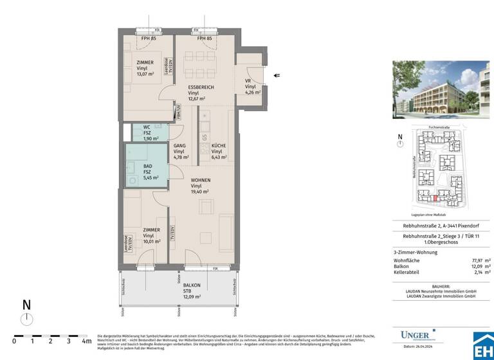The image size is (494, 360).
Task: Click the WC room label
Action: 147,127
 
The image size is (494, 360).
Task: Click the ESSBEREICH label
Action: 201,87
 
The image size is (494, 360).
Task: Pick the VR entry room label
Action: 248,80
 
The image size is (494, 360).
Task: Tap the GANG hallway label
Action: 179,146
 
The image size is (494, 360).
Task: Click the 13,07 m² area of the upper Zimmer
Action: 145,74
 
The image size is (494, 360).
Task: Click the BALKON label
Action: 191,285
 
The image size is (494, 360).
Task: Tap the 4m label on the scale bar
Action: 86,341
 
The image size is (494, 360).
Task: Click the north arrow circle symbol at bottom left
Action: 26,319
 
